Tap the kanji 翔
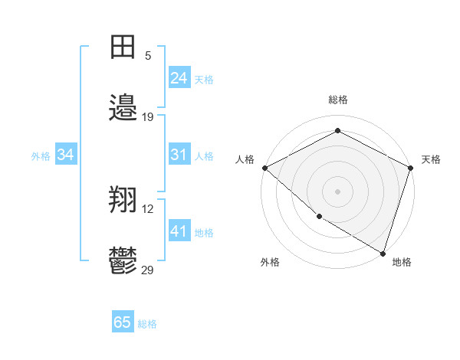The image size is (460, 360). pyautogui.click(x=123, y=201)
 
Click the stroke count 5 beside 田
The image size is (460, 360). pyautogui.click(x=148, y=55)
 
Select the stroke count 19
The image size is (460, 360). pyautogui.click(x=148, y=116)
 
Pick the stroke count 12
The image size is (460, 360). pyautogui.click(x=148, y=208)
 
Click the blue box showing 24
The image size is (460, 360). pyautogui.click(x=179, y=78)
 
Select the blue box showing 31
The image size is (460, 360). pyautogui.click(x=179, y=155)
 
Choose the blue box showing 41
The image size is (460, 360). pyautogui.click(x=179, y=231)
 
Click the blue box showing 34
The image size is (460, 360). pyautogui.click(x=66, y=155)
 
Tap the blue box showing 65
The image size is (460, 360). pyautogui.click(x=123, y=322)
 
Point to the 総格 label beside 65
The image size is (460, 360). pyautogui.click(x=147, y=324)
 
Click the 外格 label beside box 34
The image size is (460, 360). pyautogui.click(x=41, y=155)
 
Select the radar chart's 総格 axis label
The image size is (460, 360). pyautogui.click(x=338, y=100)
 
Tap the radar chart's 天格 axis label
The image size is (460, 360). pyautogui.click(x=431, y=159)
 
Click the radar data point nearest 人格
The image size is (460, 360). pyautogui.click(x=264, y=168)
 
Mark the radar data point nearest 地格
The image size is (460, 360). pyautogui.click(x=383, y=253)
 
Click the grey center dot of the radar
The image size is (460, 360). pyautogui.click(x=338, y=191)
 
